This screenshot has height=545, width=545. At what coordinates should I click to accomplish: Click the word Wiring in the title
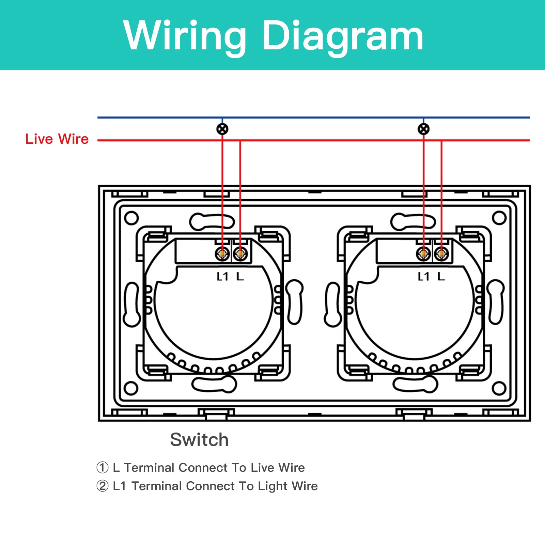[x=184, y=36]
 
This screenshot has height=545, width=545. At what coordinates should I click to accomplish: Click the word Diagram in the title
[x=342, y=36]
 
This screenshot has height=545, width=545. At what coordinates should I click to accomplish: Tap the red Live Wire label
[x=57, y=139]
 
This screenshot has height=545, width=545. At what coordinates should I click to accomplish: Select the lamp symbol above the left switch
[x=222, y=129]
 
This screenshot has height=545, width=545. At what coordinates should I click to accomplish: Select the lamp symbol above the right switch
[x=423, y=129]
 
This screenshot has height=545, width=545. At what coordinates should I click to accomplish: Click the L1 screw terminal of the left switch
[x=222, y=254]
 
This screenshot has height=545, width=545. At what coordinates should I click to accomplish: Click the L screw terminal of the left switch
[x=240, y=254]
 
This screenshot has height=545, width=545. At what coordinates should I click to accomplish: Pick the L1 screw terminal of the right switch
[x=423, y=254]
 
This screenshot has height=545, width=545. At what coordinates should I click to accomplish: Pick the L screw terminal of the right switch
[x=441, y=254]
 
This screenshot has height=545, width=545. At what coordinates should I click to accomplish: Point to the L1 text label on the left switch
[x=222, y=277]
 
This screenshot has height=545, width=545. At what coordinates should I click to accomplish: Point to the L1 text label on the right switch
[x=423, y=277]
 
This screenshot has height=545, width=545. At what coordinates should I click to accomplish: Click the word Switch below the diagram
[x=199, y=439]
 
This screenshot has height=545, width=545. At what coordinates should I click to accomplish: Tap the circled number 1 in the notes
[x=102, y=468]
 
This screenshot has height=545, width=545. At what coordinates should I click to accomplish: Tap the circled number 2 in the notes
[x=102, y=486]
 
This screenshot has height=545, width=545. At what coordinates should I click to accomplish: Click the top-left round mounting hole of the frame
[x=131, y=218]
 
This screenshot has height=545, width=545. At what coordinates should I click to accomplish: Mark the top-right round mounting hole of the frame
[x=499, y=218]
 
